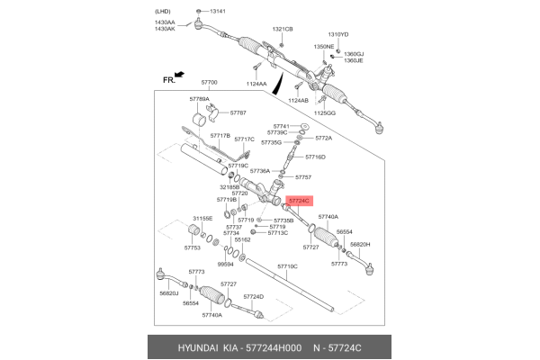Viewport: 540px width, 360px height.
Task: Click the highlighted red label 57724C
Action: click(298, 201)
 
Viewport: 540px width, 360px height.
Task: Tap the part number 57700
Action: click(206, 82)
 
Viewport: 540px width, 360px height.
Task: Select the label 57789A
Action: click(199, 99)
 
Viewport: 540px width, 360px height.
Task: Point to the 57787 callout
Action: click(238, 113)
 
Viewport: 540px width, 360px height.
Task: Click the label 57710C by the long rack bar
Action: click(287, 266)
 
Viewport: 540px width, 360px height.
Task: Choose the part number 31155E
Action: click(202, 218)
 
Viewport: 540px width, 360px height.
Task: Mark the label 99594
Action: click(225, 265)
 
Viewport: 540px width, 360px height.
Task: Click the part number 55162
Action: click(242, 240)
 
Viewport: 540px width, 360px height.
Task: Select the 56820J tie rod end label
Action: click(169, 293)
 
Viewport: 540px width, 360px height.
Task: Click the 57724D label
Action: click(253, 296)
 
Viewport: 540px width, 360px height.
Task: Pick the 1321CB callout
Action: click(283, 29)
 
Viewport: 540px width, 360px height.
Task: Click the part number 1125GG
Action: click(325, 113)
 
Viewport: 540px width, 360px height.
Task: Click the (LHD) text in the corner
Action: click(164, 9)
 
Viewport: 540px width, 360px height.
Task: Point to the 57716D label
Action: click(313, 157)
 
